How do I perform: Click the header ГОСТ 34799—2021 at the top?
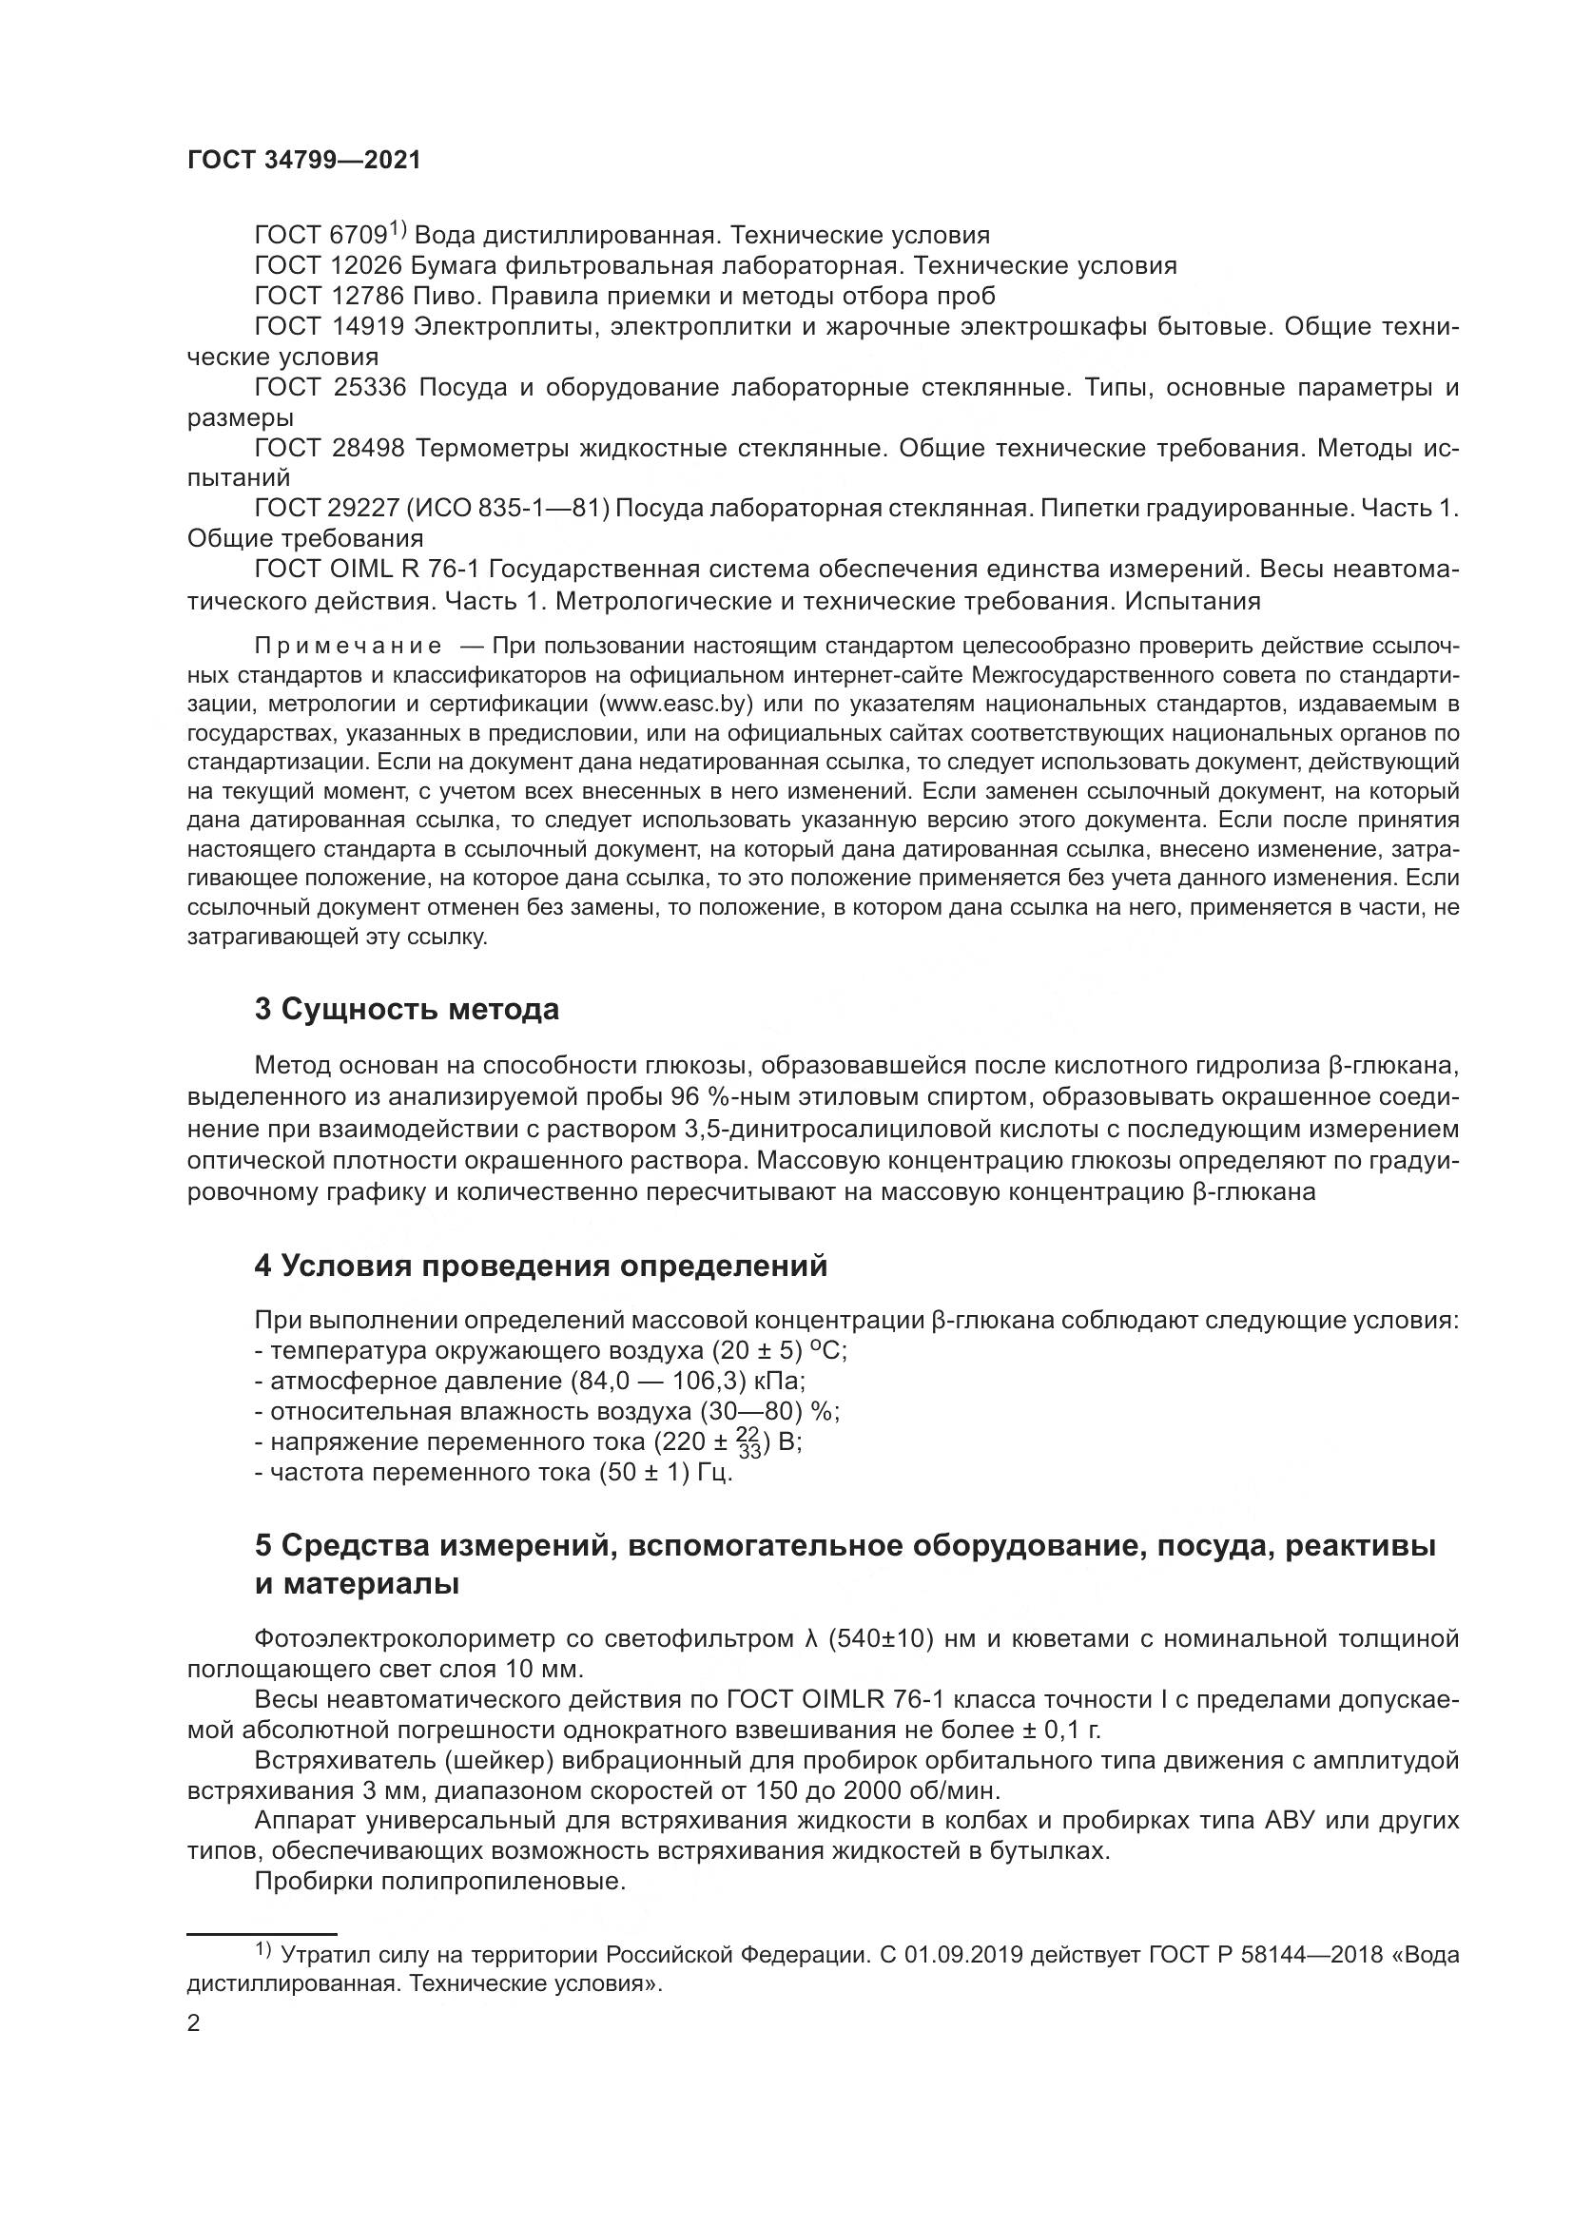tap(304, 161)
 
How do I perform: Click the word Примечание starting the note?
tap(348, 646)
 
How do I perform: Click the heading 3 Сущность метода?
tap(407, 1010)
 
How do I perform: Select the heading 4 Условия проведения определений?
tap(540, 1266)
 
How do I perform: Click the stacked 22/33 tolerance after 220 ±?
tap(749, 1441)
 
